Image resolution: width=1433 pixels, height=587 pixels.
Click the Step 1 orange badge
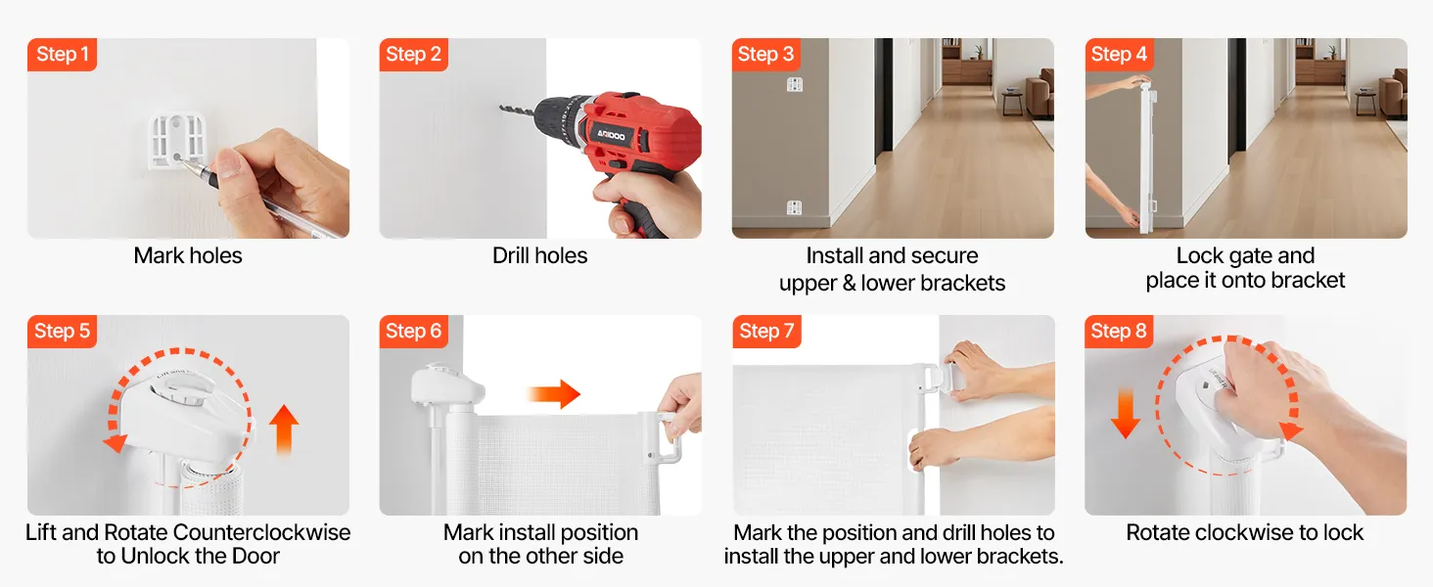tap(62, 55)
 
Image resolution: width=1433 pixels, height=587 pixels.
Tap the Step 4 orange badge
tap(1119, 55)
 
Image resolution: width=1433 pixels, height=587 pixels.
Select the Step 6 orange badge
tap(413, 332)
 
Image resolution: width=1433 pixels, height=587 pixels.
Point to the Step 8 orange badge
tap(1119, 332)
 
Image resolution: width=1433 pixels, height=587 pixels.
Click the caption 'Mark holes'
tap(188, 255)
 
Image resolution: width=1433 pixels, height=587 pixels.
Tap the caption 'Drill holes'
tap(540, 255)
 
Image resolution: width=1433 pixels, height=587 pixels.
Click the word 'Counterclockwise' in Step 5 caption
tap(261, 532)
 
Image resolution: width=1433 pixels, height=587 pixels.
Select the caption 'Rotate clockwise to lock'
tap(1245, 532)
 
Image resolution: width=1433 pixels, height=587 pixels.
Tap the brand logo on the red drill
tap(612, 135)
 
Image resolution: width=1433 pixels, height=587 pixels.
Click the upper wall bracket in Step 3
tap(795, 84)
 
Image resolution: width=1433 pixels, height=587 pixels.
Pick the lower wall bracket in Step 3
tap(794, 207)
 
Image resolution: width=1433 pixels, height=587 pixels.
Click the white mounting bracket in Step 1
tap(178, 141)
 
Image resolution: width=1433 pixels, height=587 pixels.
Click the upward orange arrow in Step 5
tap(284, 430)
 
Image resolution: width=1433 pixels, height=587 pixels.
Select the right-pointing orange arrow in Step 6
tap(554, 394)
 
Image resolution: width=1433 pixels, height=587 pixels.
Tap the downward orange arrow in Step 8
tap(1126, 414)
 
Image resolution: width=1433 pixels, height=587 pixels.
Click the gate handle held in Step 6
tap(666, 437)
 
